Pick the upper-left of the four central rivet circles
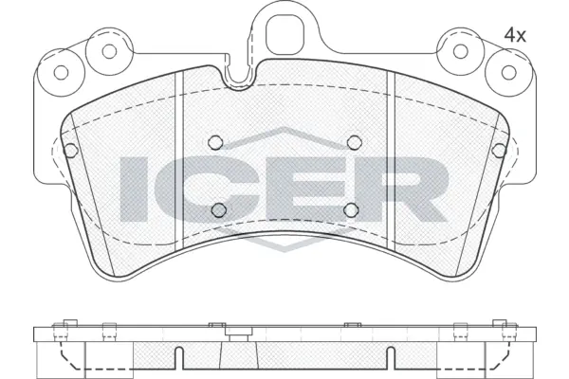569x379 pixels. click(215, 143)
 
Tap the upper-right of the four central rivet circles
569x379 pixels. click(354, 143)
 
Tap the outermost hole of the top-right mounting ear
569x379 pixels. click(504, 71)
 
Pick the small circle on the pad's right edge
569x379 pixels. click(501, 149)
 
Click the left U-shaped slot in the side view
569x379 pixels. click(179, 359)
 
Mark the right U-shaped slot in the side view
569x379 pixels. click(390, 359)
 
